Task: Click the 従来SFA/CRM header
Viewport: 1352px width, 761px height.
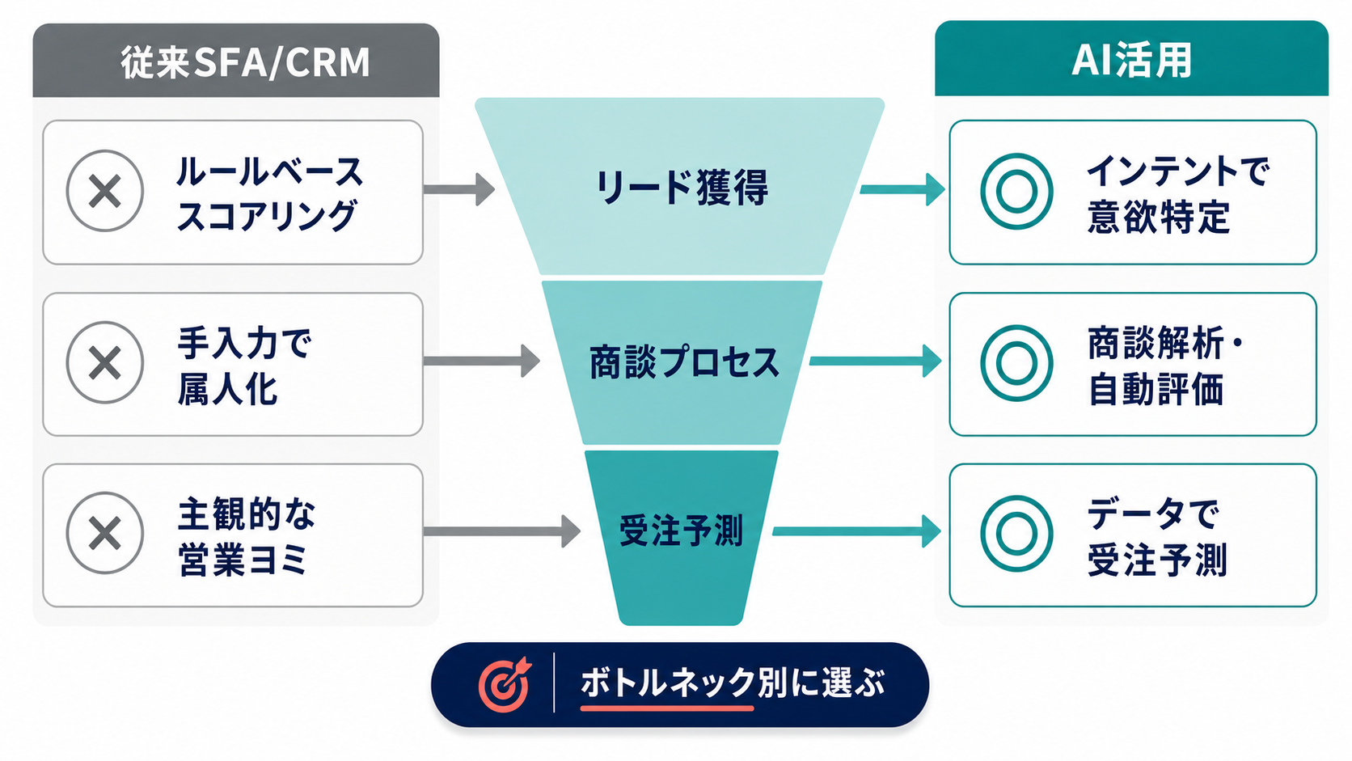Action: point(244,61)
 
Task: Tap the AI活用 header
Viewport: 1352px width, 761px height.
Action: point(1130,61)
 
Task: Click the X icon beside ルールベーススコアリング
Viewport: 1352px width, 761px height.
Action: point(105,191)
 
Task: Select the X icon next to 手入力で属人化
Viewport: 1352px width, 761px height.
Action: point(105,362)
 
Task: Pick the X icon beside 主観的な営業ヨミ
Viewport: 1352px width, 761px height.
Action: point(105,533)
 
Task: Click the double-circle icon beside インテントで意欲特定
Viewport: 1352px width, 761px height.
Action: point(1016,192)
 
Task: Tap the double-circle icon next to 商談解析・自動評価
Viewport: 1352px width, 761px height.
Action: point(1016,363)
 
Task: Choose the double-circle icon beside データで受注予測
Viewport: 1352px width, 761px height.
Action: point(1016,534)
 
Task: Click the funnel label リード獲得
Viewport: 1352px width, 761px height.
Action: point(681,188)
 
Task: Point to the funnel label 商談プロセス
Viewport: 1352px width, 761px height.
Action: point(683,362)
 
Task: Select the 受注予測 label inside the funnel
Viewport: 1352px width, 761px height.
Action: point(681,531)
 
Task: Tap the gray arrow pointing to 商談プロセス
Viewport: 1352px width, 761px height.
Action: point(482,361)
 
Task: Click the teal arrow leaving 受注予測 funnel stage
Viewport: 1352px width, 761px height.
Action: point(856,531)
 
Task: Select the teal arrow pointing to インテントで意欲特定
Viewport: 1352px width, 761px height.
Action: point(902,189)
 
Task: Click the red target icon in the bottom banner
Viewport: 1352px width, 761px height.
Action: point(505,684)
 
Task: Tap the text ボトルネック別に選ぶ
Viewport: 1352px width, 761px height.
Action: point(733,683)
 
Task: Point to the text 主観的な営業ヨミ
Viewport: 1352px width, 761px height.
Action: point(246,536)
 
